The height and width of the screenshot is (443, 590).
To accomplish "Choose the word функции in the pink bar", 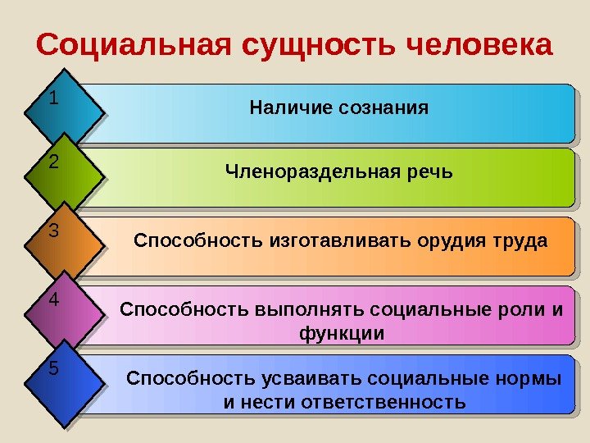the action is [x=342, y=334].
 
